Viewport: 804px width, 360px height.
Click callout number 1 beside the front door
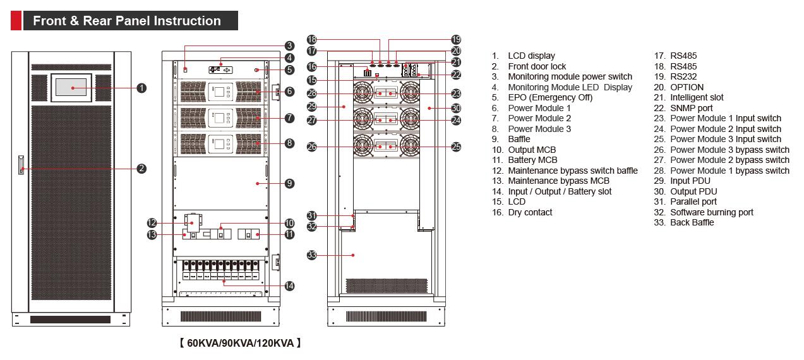(141, 88)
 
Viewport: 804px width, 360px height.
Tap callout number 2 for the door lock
(141, 168)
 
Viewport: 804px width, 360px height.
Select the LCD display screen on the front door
(71, 87)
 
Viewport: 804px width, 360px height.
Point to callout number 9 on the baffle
(289, 183)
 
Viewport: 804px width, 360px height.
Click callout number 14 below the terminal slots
(289, 285)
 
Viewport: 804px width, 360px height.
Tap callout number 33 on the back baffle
(311, 255)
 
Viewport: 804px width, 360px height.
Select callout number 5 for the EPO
(289, 69)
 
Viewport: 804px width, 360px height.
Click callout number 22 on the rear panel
(456, 75)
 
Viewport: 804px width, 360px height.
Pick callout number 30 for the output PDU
(456, 109)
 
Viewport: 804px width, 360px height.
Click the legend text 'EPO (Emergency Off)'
(550, 97)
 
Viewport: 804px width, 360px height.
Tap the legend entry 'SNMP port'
(691, 108)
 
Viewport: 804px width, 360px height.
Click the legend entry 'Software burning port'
(711, 212)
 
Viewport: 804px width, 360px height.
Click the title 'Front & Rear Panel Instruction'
(127, 21)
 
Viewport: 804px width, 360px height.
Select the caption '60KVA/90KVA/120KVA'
(240, 343)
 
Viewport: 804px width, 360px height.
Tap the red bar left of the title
(16, 21)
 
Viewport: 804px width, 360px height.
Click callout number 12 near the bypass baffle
(152, 222)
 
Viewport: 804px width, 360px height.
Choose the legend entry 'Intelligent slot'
(697, 97)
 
